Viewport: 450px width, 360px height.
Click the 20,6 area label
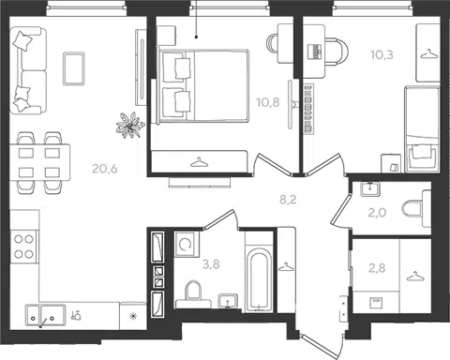[105, 169]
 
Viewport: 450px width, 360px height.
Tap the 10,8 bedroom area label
[268, 102]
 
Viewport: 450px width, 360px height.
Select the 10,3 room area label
[382, 55]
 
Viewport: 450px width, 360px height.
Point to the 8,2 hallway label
[288, 200]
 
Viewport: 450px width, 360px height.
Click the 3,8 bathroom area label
[211, 264]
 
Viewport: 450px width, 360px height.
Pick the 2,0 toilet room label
[377, 213]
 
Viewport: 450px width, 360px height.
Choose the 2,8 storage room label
[377, 268]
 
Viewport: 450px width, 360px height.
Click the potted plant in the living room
[130, 126]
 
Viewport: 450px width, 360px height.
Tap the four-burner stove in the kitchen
[24, 247]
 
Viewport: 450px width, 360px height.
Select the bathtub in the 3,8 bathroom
[259, 279]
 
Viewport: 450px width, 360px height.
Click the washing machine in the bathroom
[187, 245]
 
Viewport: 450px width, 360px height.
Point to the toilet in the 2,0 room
[416, 209]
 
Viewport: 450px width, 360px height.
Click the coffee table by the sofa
[74, 68]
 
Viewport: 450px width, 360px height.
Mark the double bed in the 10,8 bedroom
[204, 85]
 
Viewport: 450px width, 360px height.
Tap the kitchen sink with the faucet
[46, 314]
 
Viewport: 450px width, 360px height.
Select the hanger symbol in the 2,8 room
[415, 276]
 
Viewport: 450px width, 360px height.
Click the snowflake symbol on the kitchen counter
[133, 316]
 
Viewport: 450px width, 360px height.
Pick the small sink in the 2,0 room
[370, 189]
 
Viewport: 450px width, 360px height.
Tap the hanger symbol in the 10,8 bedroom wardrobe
[200, 162]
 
